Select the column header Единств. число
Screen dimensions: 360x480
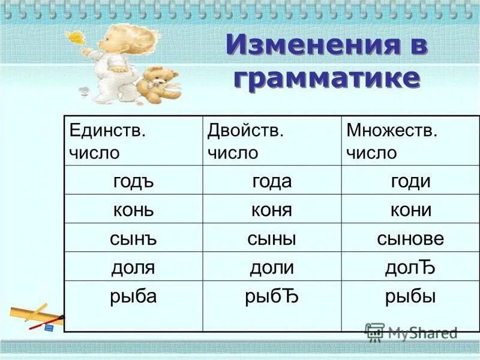[x=108, y=141]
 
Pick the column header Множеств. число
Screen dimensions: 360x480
[x=392, y=141]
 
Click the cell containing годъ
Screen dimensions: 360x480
[x=133, y=181]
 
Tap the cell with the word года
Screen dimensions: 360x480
[x=272, y=181]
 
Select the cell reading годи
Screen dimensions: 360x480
[x=410, y=181]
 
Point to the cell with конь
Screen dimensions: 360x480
[x=133, y=209]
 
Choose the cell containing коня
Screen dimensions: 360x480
[x=272, y=209]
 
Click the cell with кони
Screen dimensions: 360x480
[x=410, y=209]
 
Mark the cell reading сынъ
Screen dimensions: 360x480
[x=133, y=238]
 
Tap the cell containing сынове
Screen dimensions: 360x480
[x=410, y=238]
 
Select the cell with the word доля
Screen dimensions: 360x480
[x=133, y=267]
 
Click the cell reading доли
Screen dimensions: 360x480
[x=272, y=267]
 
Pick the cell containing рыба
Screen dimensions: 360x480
[x=133, y=296]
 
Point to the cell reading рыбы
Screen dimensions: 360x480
[x=410, y=296]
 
